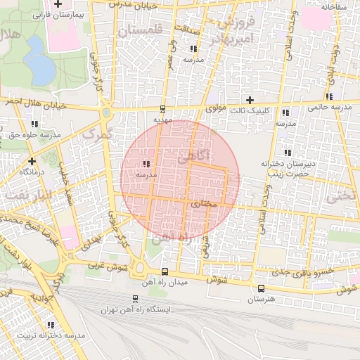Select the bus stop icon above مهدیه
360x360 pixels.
[163, 109]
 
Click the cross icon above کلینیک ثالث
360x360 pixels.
[249, 100]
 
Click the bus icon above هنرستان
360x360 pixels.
[262, 288]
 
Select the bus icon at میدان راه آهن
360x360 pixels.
[165, 271]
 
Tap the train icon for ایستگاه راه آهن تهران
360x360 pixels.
[137, 299]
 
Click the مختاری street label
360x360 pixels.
[203, 202]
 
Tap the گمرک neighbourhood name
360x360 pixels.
[97, 131]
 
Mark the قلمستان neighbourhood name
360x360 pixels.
[139, 31]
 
